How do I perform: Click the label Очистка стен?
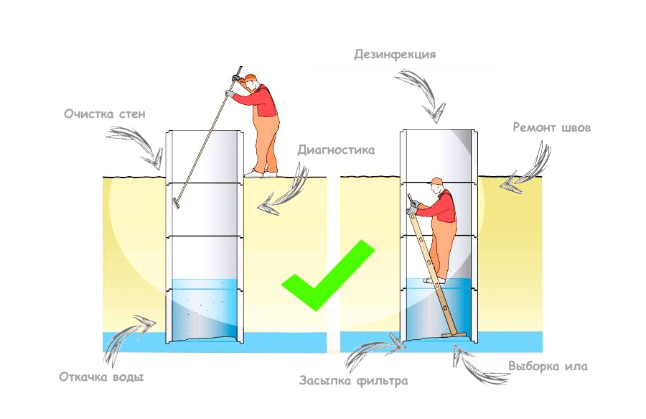(x=104, y=114)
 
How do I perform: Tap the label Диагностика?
(x=336, y=151)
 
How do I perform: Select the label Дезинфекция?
(x=394, y=55)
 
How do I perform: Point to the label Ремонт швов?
(x=551, y=128)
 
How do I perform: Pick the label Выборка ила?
(x=548, y=367)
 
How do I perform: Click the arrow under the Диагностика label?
(x=284, y=193)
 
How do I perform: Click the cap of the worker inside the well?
(x=437, y=182)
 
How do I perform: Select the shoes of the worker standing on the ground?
(x=260, y=173)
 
